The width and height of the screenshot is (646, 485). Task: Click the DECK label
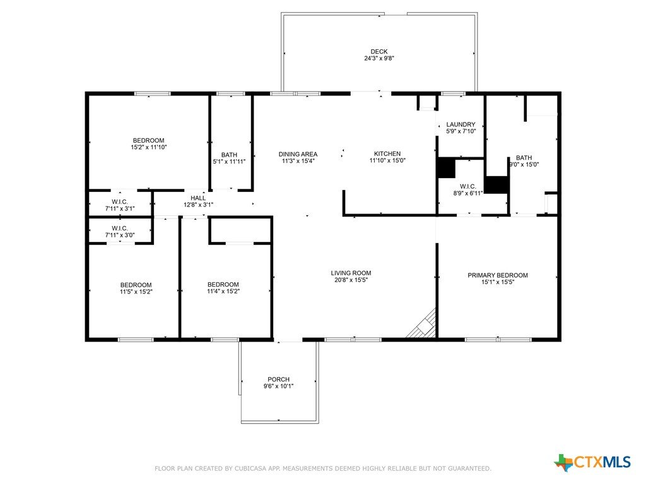pos(379,52)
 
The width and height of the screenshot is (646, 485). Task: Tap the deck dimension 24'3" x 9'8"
pos(379,58)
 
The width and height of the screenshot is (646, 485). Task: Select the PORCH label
pos(278,380)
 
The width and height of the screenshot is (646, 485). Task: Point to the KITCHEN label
pos(387,154)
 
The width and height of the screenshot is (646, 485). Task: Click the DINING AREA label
pos(298,154)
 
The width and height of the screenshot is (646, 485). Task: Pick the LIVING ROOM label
pos(351,273)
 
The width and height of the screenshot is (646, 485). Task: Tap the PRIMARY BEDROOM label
pos(498,275)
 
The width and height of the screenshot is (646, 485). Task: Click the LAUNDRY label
pos(461,124)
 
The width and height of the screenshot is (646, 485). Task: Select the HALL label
pos(198,198)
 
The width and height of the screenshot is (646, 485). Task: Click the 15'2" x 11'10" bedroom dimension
pos(149,147)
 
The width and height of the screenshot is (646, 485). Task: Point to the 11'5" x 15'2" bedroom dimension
pos(136,292)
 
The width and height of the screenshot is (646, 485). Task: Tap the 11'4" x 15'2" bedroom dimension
pos(223,291)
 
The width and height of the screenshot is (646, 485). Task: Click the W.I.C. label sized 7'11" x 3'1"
pos(119,202)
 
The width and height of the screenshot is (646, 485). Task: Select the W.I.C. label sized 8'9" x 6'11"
pos(468,186)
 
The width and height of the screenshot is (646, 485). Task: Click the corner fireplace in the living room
pos(423,324)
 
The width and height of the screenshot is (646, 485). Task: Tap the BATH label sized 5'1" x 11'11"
pos(229,155)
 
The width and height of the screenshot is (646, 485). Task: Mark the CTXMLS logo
pos(592,462)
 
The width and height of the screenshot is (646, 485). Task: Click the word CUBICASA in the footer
pos(251,469)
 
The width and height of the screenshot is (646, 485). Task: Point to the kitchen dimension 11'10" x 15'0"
pos(387,160)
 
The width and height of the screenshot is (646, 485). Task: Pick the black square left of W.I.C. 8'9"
pos(446,168)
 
